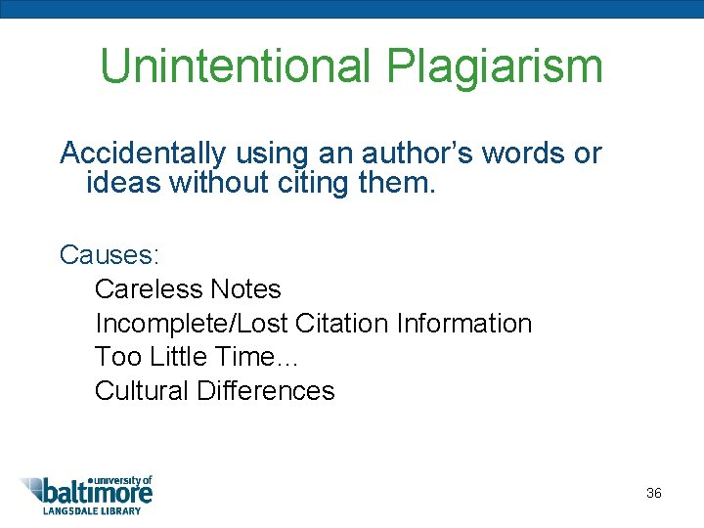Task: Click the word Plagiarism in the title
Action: [x=495, y=66]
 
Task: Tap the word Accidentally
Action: [x=143, y=154]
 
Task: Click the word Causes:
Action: [x=110, y=254]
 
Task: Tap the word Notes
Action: [x=245, y=289]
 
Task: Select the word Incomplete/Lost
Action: [x=191, y=323]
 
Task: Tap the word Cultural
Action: [x=142, y=391]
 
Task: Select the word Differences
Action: [x=265, y=391]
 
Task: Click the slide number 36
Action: [x=654, y=493]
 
